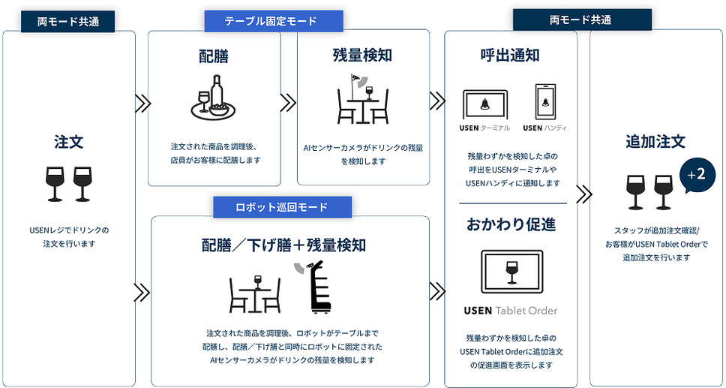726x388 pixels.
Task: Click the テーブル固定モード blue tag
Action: (x=274, y=21)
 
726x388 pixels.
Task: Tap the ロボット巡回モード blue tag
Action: (x=282, y=206)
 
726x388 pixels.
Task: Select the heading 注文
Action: (x=68, y=142)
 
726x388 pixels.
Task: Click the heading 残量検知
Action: (x=362, y=56)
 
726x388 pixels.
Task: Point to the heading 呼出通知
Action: (x=510, y=56)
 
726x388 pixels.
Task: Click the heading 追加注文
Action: (x=655, y=141)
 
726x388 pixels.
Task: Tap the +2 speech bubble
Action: (x=696, y=176)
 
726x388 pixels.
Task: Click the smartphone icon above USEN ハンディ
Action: (x=545, y=102)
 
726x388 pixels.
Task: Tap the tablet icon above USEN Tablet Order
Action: (x=511, y=271)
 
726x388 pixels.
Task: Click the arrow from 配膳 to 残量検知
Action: (x=289, y=102)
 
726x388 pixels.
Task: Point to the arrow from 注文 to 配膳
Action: (x=142, y=104)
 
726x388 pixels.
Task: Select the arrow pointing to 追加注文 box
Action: (x=583, y=195)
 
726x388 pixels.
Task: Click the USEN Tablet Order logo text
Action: (x=511, y=311)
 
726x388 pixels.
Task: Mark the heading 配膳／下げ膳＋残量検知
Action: (x=283, y=245)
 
